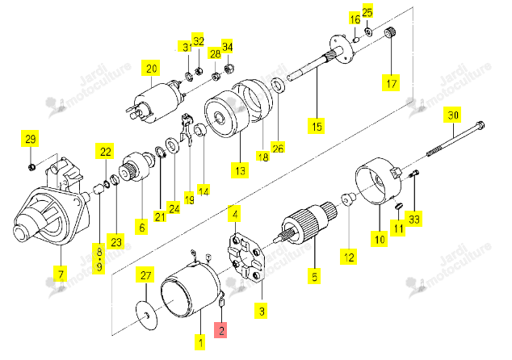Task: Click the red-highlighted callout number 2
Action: pyautogui.click(x=220, y=330)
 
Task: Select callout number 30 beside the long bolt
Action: pyautogui.click(x=452, y=115)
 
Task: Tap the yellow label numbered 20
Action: pyautogui.click(x=151, y=69)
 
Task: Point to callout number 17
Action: pyautogui.click(x=391, y=83)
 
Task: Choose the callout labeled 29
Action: pyautogui.click(x=30, y=139)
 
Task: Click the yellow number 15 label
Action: pyautogui.click(x=317, y=126)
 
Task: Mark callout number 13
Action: pyautogui.click(x=240, y=170)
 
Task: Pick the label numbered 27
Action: pyautogui.click(x=145, y=275)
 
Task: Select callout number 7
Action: pyautogui.click(x=61, y=274)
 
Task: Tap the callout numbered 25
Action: pyautogui.click(x=367, y=12)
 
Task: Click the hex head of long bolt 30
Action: pyautogui.click(x=480, y=126)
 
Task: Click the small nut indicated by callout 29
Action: pyautogui.click(x=31, y=167)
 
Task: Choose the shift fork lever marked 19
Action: pyautogui.click(x=187, y=130)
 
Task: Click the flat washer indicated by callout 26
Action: pyautogui.click(x=278, y=84)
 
